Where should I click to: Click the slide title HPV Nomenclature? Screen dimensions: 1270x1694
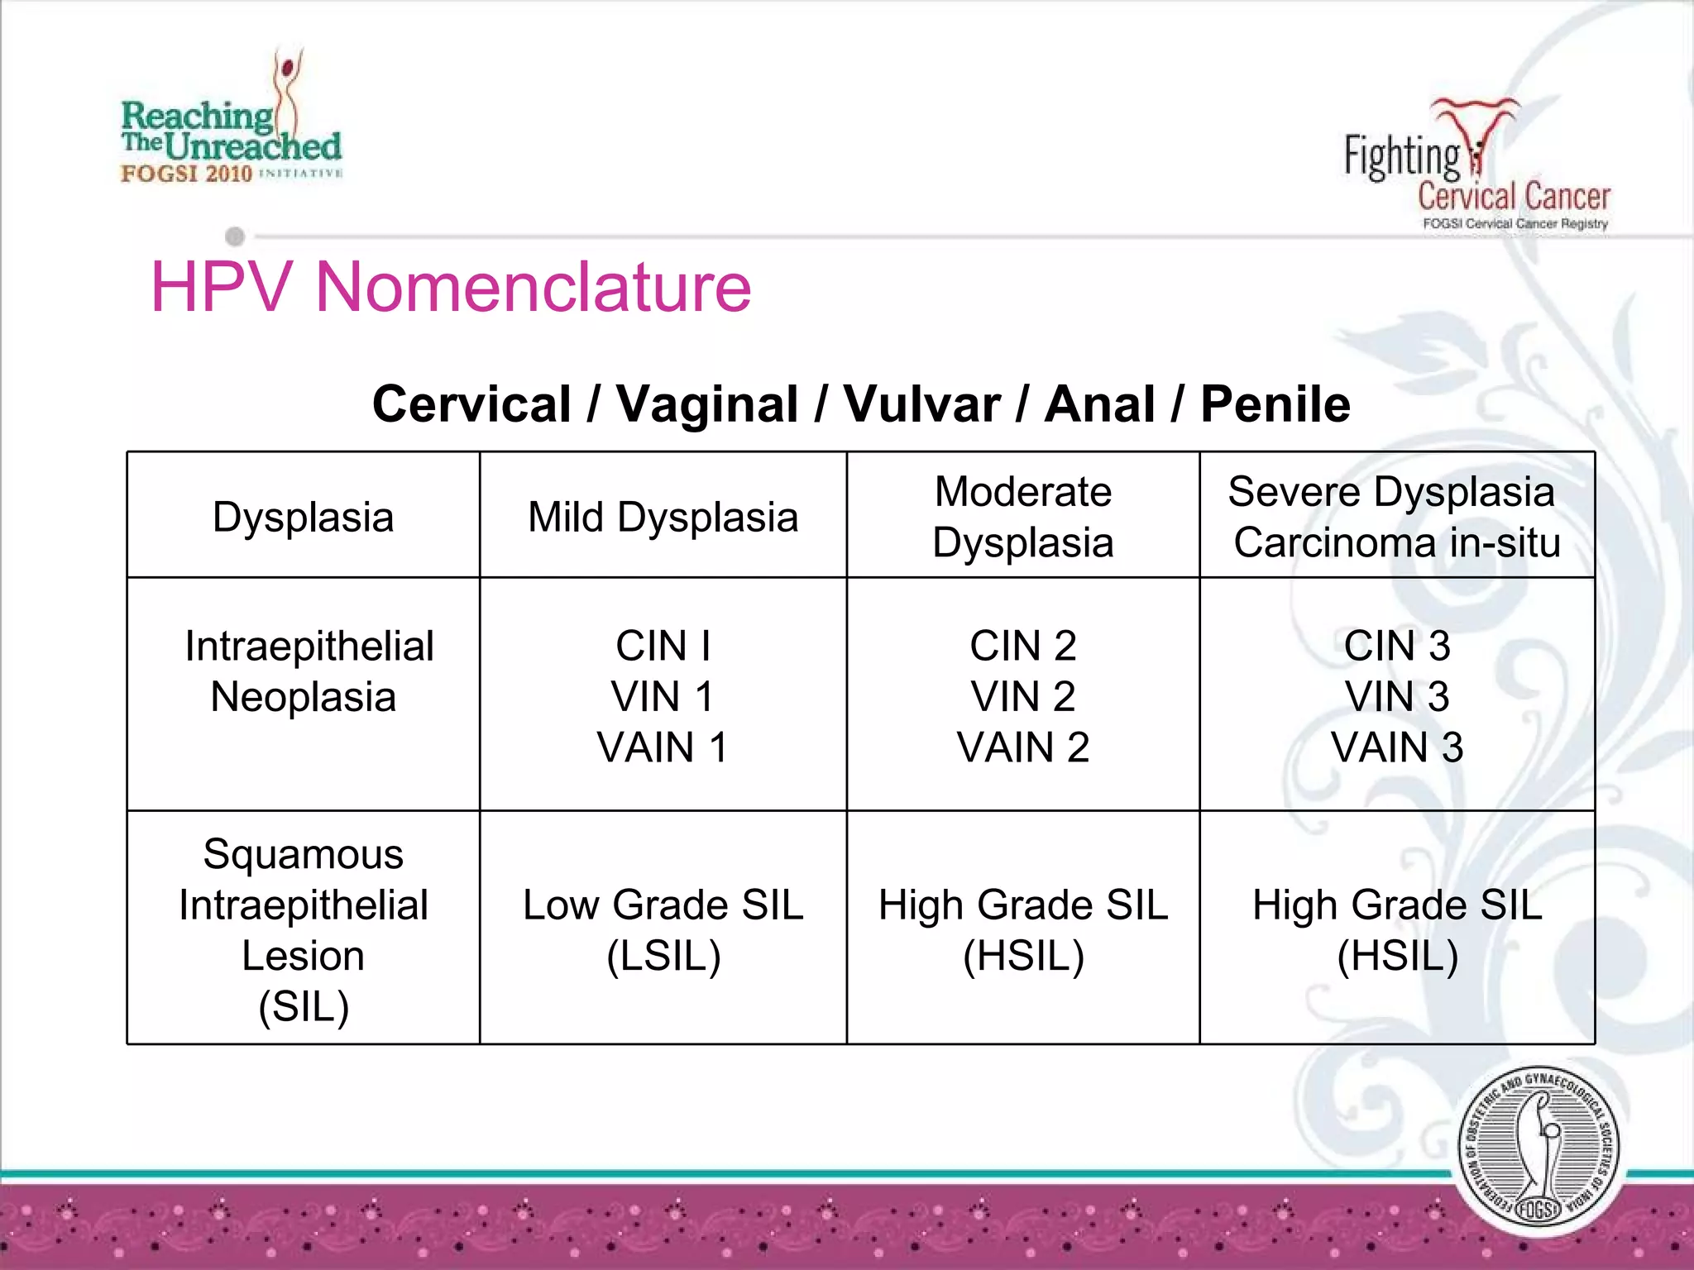pyautogui.click(x=451, y=287)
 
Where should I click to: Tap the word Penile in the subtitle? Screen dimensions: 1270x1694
pyautogui.click(x=1275, y=404)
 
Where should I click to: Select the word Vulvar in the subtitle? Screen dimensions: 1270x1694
pyautogui.click(x=921, y=404)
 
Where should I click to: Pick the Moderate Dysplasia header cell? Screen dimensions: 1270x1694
pyautogui.click(x=1023, y=517)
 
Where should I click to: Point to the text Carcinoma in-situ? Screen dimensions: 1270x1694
pyautogui.click(x=1397, y=543)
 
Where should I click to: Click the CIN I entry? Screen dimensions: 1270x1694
pyautogui.click(x=663, y=646)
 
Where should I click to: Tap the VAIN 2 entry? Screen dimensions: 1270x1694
pyautogui.click(x=1023, y=747)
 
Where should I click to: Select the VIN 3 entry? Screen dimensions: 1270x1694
pyautogui.click(x=1397, y=696)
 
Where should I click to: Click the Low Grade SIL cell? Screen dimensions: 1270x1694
pyautogui.click(x=663, y=905)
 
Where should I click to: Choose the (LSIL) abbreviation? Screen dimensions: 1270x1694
pyautogui.click(x=663, y=957)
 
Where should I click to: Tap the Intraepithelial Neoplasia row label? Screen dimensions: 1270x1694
pyautogui.click(x=304, y=671)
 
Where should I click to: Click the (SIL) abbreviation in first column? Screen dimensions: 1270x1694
pyautogui.click(x=304, y=1007)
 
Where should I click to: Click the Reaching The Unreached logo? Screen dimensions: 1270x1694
pyautogui.click(x=232, y=124)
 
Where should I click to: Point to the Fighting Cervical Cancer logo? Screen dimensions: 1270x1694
pyautogui.click(x=1476, y=165)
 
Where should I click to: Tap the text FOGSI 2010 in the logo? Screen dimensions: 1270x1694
pyautogui.click(x=186, y=174)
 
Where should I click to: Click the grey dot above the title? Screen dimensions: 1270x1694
pyautogui.click(x=235, y=236)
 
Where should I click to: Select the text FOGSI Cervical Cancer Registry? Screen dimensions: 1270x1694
pyautogui.click(x=1515, y=224)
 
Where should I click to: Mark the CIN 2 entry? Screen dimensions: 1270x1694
pyautogui.click(x=1023, y=646)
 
